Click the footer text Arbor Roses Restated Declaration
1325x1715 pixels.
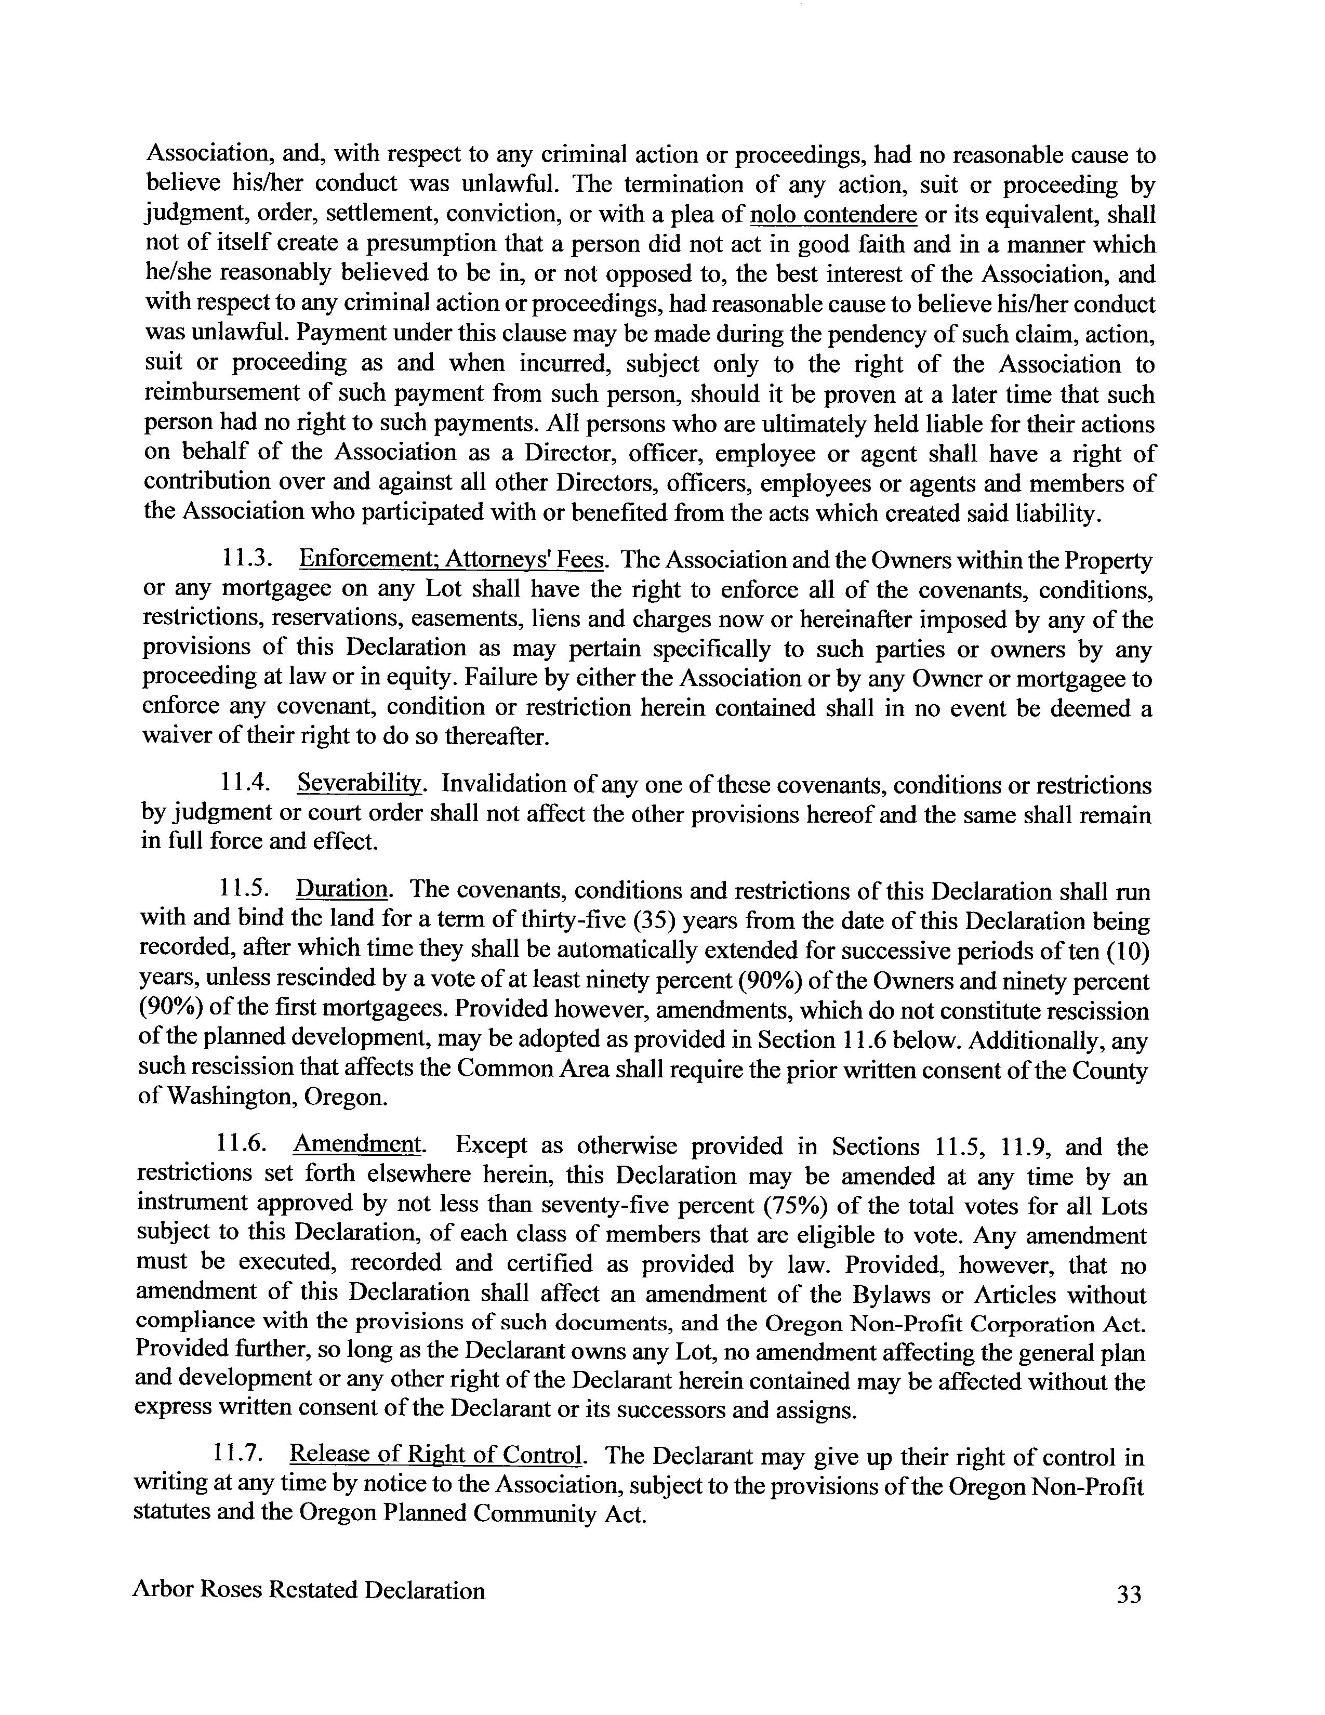tap(309, 1590)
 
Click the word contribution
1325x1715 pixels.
tap(205, 482)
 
